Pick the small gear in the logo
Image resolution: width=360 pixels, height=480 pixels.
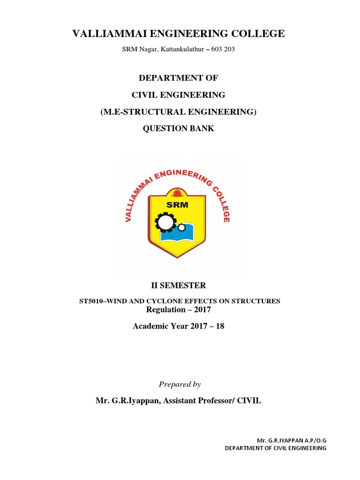pos(181,228)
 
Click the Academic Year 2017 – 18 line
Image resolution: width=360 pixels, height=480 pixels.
pos(179,326)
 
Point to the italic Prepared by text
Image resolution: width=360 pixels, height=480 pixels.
pos(180,384)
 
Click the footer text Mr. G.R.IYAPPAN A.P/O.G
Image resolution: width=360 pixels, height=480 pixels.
pos(291,441)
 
